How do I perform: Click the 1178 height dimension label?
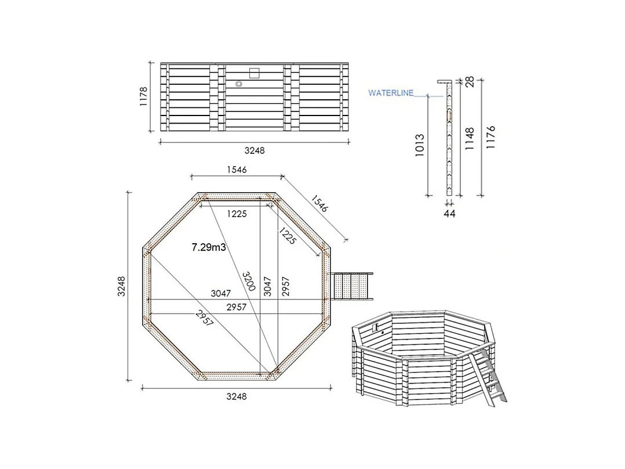[x=144, y=96]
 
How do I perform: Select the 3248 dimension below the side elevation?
[x=255, y=150]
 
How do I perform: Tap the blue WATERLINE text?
[x=391, y=92]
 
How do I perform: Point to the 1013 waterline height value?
[x=420, y=146]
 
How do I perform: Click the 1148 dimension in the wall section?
[x=470, y=139]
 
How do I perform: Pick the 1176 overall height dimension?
[x=492, y=138]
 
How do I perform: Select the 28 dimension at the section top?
[x=470, y=81]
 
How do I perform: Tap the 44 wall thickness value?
[x=449, y=214]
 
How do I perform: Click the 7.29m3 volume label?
[x=208, y=247]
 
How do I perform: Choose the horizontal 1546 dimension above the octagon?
[x=236, y=169]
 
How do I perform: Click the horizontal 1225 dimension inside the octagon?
[x=237, y=214]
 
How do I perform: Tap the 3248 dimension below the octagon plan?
[x=237, y=396]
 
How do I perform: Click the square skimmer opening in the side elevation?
[x=254, y=73]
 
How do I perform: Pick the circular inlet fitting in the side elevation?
[x=238, y=84]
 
